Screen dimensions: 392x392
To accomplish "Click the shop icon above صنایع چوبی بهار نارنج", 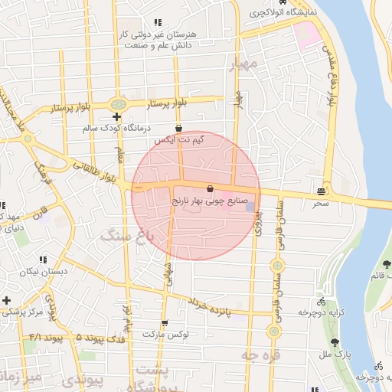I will [210, 188].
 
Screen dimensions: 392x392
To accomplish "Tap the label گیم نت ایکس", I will [179, 140].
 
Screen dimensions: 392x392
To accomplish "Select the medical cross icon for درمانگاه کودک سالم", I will [116, 117].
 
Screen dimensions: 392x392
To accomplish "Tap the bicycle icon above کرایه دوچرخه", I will [320, 301].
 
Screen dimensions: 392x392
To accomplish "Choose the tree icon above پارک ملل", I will [335, 342].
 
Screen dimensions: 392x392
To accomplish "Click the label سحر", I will [320, 203].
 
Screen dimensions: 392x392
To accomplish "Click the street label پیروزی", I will [258, 222].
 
